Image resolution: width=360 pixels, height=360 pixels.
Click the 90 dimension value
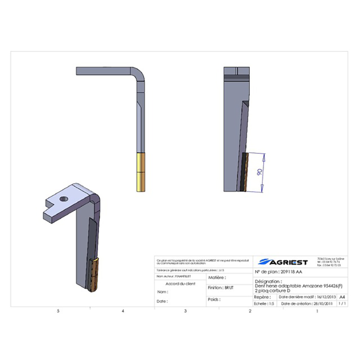259,173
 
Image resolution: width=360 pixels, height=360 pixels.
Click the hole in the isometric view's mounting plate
63,198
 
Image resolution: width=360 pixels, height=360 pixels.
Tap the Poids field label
214,299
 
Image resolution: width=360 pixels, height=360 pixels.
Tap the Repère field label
262,297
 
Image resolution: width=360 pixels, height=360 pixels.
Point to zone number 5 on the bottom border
58,311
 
